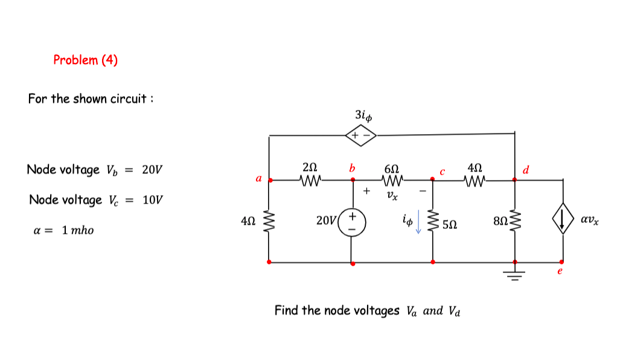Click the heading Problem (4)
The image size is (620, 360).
tap(85, 60)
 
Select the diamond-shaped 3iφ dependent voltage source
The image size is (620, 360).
tap(360, 135)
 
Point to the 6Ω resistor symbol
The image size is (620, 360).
tap(392, 179)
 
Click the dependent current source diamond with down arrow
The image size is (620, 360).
tap(563, 221)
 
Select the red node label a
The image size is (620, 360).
tap(258, 179)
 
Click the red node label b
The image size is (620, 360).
tap(352, 167)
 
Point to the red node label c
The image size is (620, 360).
tap(443, 171)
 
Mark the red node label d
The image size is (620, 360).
tap(525, 170)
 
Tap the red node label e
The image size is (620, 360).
tap(560, 272)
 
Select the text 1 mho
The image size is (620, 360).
tap(78, 230)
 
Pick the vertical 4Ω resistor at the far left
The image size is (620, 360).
tap(269, 221)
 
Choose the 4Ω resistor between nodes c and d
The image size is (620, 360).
tap(475, 179)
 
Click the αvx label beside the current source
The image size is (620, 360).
tap(590, 221)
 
